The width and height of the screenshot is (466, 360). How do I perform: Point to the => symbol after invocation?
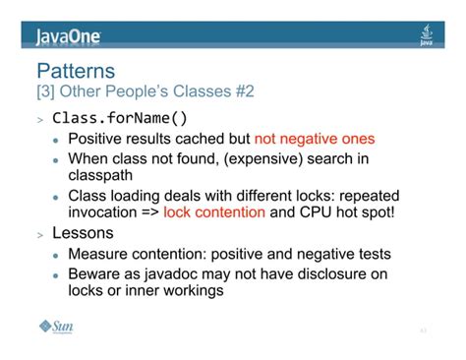(148, 212)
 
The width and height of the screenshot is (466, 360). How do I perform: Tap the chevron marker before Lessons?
(40, 236)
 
